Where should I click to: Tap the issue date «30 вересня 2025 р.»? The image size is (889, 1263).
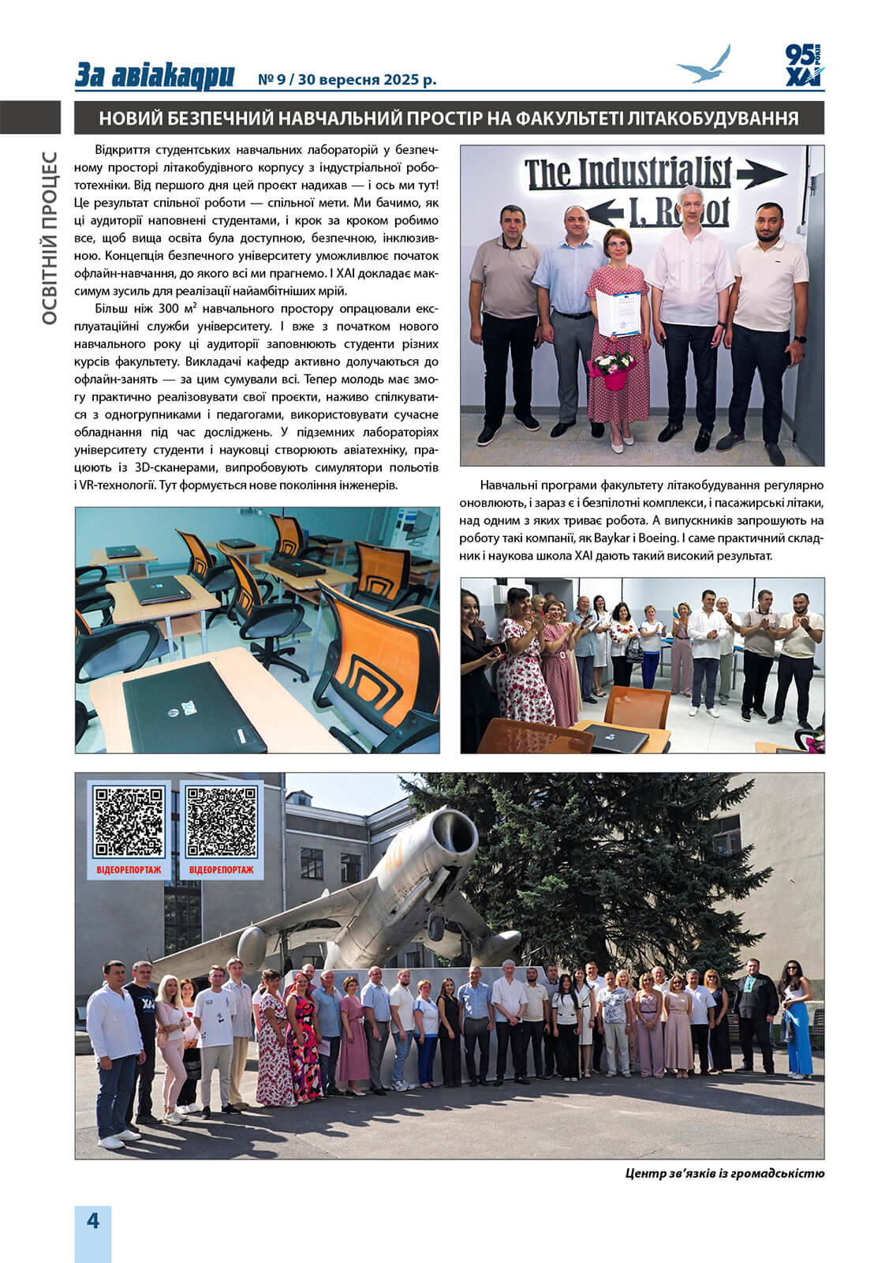(x=368, y=80)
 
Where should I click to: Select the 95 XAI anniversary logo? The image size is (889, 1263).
(x=803, y=66)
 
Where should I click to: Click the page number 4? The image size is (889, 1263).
(x=93, y=1221)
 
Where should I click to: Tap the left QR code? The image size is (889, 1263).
(x=129, y=823)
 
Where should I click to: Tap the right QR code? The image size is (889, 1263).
(x=222, y=823)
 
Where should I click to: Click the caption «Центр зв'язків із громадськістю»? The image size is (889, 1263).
(x=724, y=1173)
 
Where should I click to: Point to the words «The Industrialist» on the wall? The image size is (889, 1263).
(x=628, y=172)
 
